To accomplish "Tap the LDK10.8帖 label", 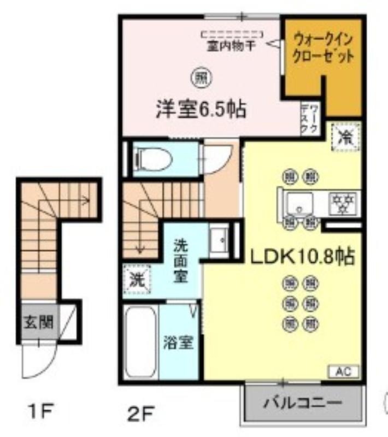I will click(302, 256).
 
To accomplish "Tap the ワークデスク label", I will click(309, 118).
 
